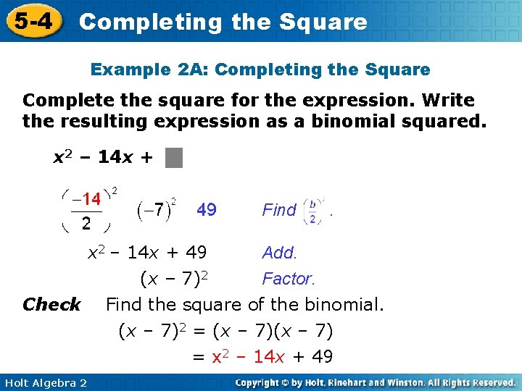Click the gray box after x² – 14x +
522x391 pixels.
[173, 157]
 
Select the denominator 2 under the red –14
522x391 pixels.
[86, 222]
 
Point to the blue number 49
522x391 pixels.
[207, 210]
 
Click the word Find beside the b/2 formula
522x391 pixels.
[279, 210]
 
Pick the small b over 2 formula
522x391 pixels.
[312, 210]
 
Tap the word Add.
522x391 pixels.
[280, 253]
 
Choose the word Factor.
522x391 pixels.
[288, 279]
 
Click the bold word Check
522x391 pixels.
[51, 305]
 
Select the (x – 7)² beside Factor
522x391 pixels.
[175, 279]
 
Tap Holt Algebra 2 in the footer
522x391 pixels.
[44, 382]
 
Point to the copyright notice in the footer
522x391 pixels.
[375, 382]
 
